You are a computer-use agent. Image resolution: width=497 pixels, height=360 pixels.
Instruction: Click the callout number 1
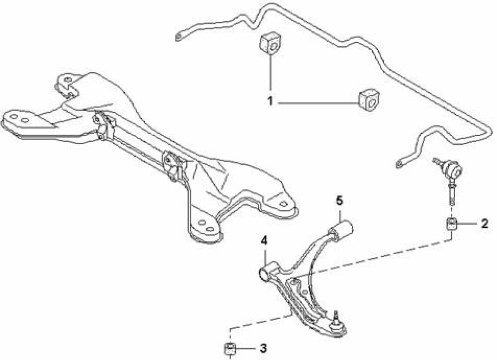point(270,101)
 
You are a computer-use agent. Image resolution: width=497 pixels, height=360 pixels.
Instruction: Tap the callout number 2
point(484,224)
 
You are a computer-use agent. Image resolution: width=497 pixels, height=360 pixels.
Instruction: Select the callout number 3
point(263,348)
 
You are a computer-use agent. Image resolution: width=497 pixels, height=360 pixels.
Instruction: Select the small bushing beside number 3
point(230,349)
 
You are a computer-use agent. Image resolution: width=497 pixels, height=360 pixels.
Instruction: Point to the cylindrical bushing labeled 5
point(341,230)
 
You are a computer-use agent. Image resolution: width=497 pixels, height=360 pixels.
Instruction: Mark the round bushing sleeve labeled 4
point(266,272)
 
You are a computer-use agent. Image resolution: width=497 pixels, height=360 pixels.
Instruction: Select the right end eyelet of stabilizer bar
point(399,164)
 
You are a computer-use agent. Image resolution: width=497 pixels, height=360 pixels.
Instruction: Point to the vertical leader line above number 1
point(270,72)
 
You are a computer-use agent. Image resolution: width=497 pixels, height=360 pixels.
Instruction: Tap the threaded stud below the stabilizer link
point(452,196)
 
